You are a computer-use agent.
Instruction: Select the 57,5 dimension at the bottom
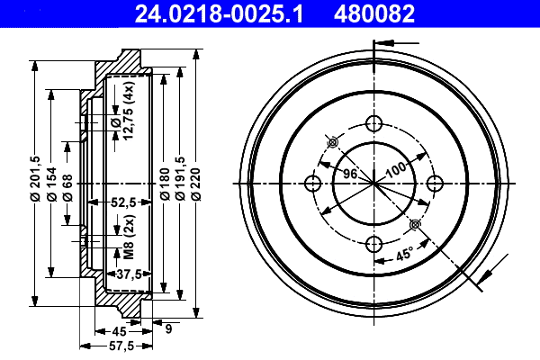click(121, 345)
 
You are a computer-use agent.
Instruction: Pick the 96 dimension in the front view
click(350, 173)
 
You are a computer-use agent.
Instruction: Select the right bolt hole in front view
click(435, 184)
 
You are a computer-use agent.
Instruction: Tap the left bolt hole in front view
click(313, 184)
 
